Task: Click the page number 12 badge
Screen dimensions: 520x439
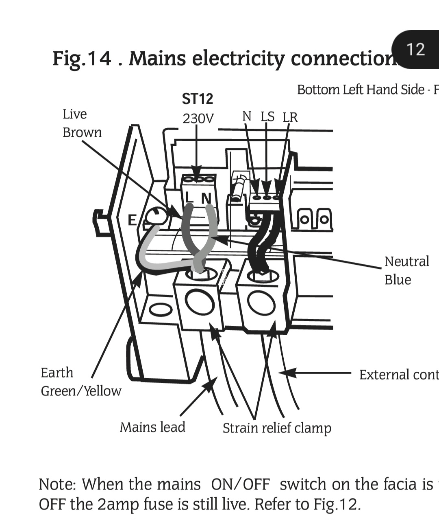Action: [x=415, y=50]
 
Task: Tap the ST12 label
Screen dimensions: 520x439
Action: [x=197, y=99]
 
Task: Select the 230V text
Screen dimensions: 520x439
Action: [x=198, y=118]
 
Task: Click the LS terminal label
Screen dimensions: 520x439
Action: [x=267, y=117]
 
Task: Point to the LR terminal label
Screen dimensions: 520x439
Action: [x=290, y=117]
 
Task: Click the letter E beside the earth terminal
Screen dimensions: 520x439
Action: [x=132, y=220]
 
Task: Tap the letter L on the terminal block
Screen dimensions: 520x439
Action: [x=189, y=197]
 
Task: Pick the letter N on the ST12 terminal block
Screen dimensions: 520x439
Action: [x=206, y=198]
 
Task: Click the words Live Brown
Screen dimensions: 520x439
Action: [x=82, y=123]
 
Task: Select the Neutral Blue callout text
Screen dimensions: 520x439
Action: [x=406, y=270]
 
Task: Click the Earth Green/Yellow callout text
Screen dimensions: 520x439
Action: [x=80, y=382]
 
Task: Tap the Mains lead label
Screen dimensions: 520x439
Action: [x=152, y=427]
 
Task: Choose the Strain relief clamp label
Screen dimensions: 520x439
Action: [x=277, y=428]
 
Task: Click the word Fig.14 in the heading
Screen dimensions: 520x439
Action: [x=81, y=58]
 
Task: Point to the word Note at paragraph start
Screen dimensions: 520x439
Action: [x=57, y=485]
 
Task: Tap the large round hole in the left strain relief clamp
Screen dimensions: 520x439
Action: [x=199, y=302]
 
